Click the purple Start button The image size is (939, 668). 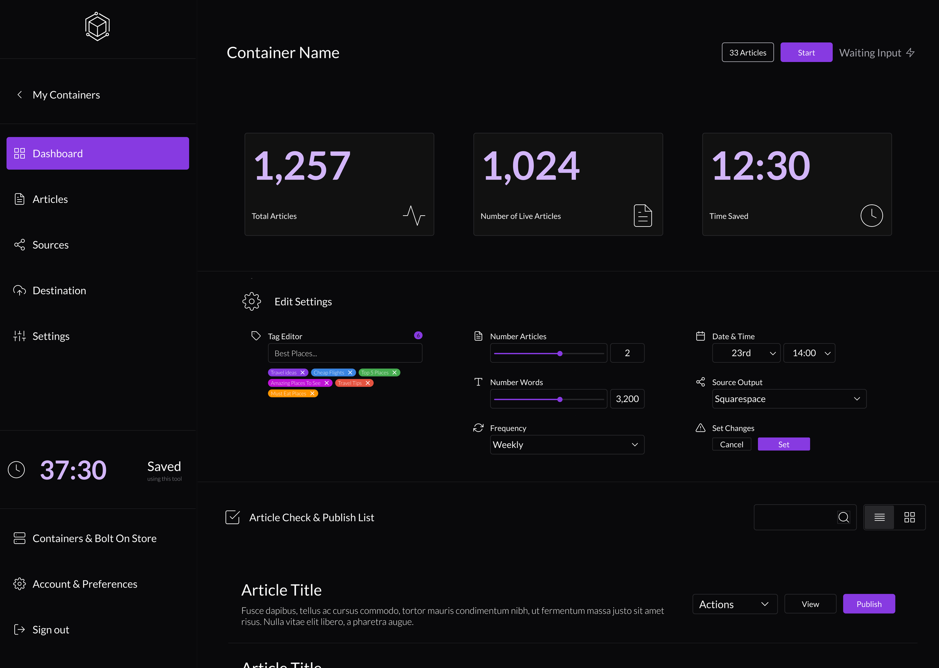pyautogui.click(x=806, y=53)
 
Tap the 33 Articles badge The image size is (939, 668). pyautogui.click(x=747, y=53)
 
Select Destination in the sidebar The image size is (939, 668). pyautogui.click(x=59, y=290)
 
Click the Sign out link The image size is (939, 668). pyautogui.click(x=50, y=630)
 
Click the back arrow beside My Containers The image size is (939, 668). pyautogui.click(x=19, y=95)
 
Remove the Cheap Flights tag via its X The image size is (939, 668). pyautogui.click(x=350, y=373)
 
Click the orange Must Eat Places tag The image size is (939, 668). pyautogui.click(x=288, y=394)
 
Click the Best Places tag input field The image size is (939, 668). pyautogui.click(x=344, y=353)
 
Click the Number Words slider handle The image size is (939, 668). pyautogui.click(x=560, y=399)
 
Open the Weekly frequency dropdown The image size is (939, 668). pyautogui.click(x=566, y=445)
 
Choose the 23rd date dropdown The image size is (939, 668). pyautogui.click(x=746, y=353)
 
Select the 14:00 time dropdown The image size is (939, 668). pyautogui.click(x=809, y=353)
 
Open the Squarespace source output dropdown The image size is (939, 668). pyautogui.click(x=788, y=399)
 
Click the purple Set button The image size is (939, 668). pyautogui.click(x=783, y=444)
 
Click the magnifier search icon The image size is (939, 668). pyautogui.click(x=843, y=517)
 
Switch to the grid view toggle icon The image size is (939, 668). pyautogui.click(x=909, y=517)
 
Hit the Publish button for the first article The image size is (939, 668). pyautogui.click(x=868, y=604)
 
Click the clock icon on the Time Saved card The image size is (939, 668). pyautogui.click(x=871, y=216)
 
